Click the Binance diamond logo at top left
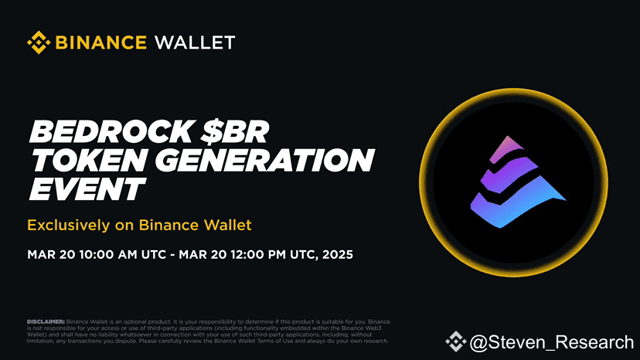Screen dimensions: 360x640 pyautogui.click(x=39, y=42)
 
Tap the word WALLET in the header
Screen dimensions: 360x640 pyautogui.click(x=194, y=42)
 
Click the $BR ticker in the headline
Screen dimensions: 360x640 pyautogui.click(x=231, y=134)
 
